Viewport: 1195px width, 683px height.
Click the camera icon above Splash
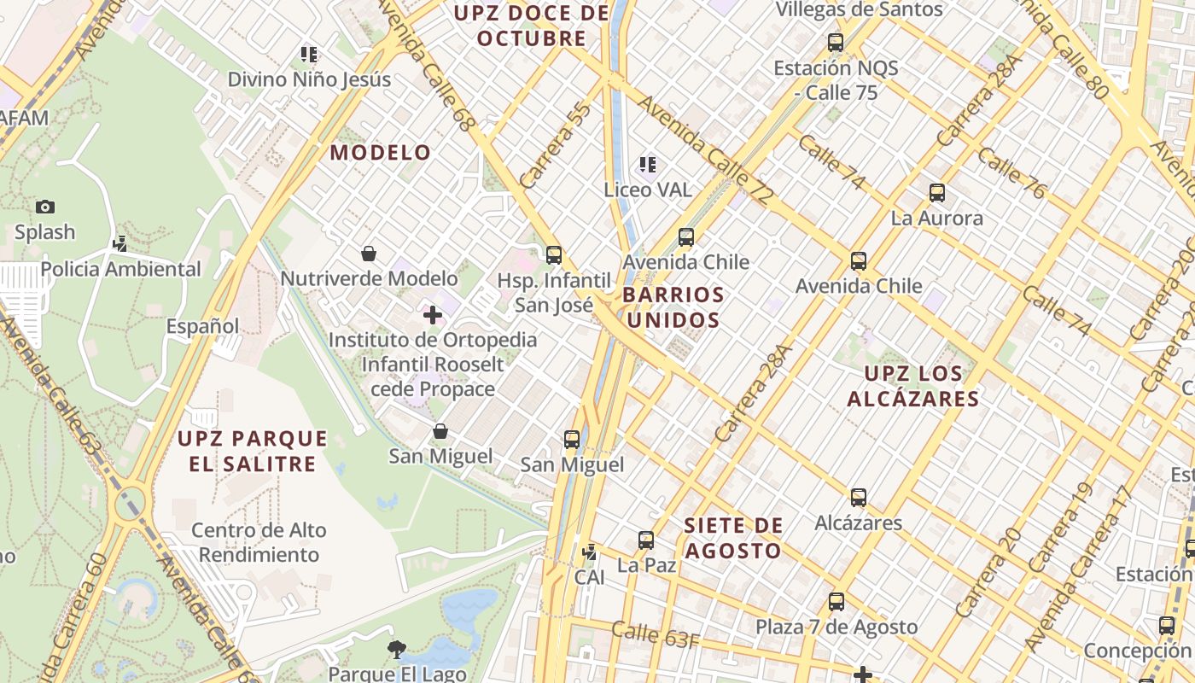pyautogui.click(x=45, y=207)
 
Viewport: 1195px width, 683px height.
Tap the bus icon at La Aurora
pyautogui.click(x=937, y=193)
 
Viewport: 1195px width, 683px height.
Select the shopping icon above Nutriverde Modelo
pyautogui.click(x=369, y=254)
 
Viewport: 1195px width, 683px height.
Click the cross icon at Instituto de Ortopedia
pyautogui.click(x=433, y=315)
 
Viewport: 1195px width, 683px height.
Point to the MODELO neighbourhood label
pyautogui.click(x=381, y=153)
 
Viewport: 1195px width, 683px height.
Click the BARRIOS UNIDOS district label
pyautogui.click(x=673, y=307)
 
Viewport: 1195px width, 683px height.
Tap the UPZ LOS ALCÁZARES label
pyautogui.click(x=912, y=386)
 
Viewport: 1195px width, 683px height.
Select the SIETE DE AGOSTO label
pyautogui.click(x=732, y=538)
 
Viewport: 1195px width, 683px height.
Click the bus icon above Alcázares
pyautogui.click(x=859, y=498)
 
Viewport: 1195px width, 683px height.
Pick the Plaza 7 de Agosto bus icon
pyautogui.click(x=836, y=602)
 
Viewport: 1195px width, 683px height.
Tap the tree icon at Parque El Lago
pyautogui.click(x=396, y=651)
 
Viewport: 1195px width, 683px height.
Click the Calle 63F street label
pyautogui.click(x=655, y=635)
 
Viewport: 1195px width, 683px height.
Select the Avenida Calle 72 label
pyautogui.click(x=705, y=149)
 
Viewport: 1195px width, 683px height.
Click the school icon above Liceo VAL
pyautogui.click(x=648, y=164)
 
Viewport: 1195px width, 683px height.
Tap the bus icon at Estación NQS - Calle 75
pyautogui.click(x=836, y=42)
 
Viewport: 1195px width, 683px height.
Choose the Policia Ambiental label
pyautogui.click(x=120, y=270)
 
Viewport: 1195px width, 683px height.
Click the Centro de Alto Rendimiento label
pyautogui.click(x=259, y=542)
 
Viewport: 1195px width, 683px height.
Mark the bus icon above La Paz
pyautogui.click(x=646, y=540)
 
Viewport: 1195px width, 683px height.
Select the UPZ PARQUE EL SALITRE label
pyautogui.click(x=252, y=451)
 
